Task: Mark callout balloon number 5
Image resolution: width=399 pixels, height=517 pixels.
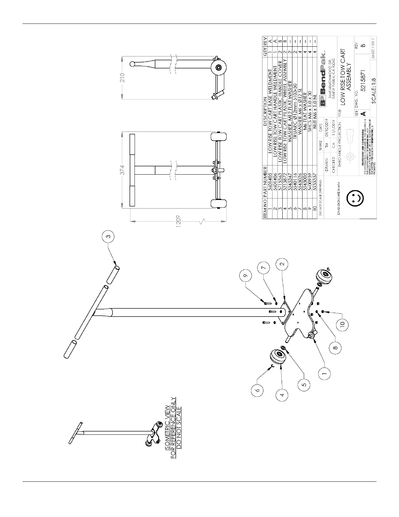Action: click(x=304, y=385)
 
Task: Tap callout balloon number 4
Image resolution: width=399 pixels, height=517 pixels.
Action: click(x=283, y=395)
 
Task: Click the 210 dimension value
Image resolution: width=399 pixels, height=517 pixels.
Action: click(x=122, y=78)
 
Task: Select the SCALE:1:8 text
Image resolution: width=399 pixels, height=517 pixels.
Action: click(x=374, y=90)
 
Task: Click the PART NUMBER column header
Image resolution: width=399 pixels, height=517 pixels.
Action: click(x=265, y=183)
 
